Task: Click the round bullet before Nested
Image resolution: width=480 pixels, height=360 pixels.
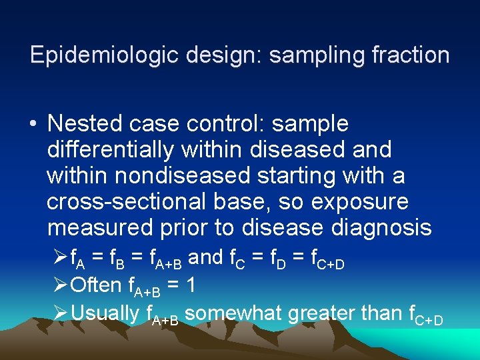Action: (32, 125)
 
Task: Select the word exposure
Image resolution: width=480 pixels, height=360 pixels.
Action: (360, 202)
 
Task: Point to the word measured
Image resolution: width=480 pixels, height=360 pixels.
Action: (101, 228)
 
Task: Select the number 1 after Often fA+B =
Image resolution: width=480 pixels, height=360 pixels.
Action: (191, 285)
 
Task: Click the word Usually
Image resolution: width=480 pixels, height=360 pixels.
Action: (105, 312)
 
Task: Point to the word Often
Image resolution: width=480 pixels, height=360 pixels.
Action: (95, 285)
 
